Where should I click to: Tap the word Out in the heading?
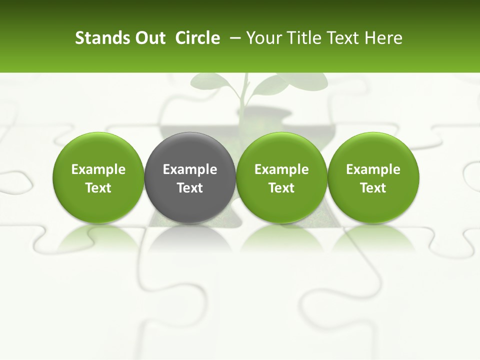pyautogui.click(x=149, y=38)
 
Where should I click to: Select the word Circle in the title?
pyautogui.click(x=197, y=38)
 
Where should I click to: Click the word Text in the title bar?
pyautogui.click(x=343, y=38)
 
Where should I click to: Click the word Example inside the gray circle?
pyautogui.click(x=190, y=169)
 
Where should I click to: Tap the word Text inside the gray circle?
pyautogui.click(x=190, y=188)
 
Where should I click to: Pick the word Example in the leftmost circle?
pyautogui.click(x=98, y=169)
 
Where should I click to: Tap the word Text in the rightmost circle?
pyautogui.click(x=373, y=188)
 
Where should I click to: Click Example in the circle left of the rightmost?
pyautogui.click(x=281, y=169)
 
